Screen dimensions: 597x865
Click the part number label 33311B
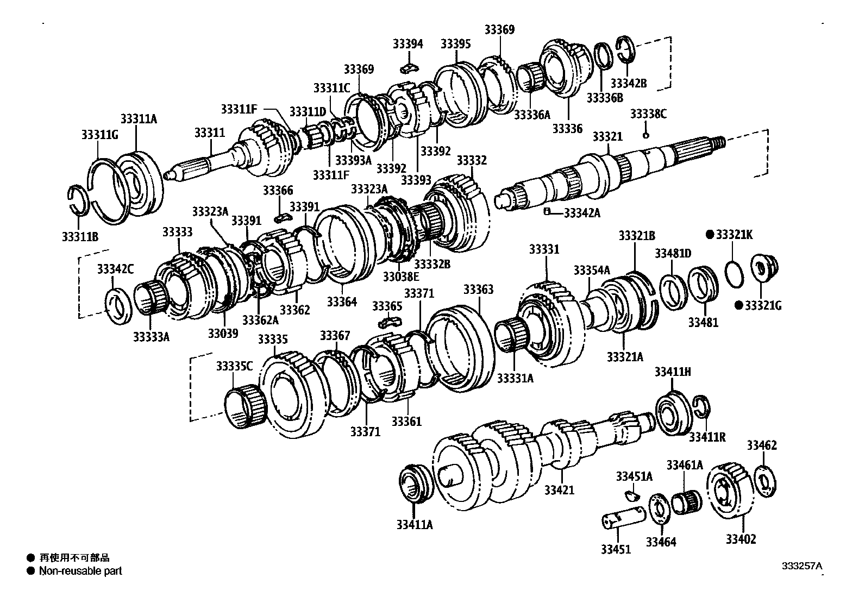pyautogui.click(x=80, y=236)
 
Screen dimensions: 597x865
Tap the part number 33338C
pyautogui.click(x=648, y=114)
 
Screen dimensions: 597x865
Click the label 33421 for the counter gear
pyautogui.click(x=559, y=490)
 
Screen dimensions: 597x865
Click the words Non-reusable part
pyautogui.click(x=80, y=571)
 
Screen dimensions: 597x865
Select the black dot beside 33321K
pyautogui.click(x=709, y=235)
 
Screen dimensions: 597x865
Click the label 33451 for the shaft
pyautogui.click(x=616, y=549)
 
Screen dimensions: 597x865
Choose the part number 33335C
pyautogui.click(x=234, y=366)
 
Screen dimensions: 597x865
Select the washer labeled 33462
pyautogui.click(x=766, y=481)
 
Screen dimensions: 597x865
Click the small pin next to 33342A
pyautogui.click(x=548, y=211)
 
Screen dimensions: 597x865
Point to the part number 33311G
pyautogui.click(x=99, y=134)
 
